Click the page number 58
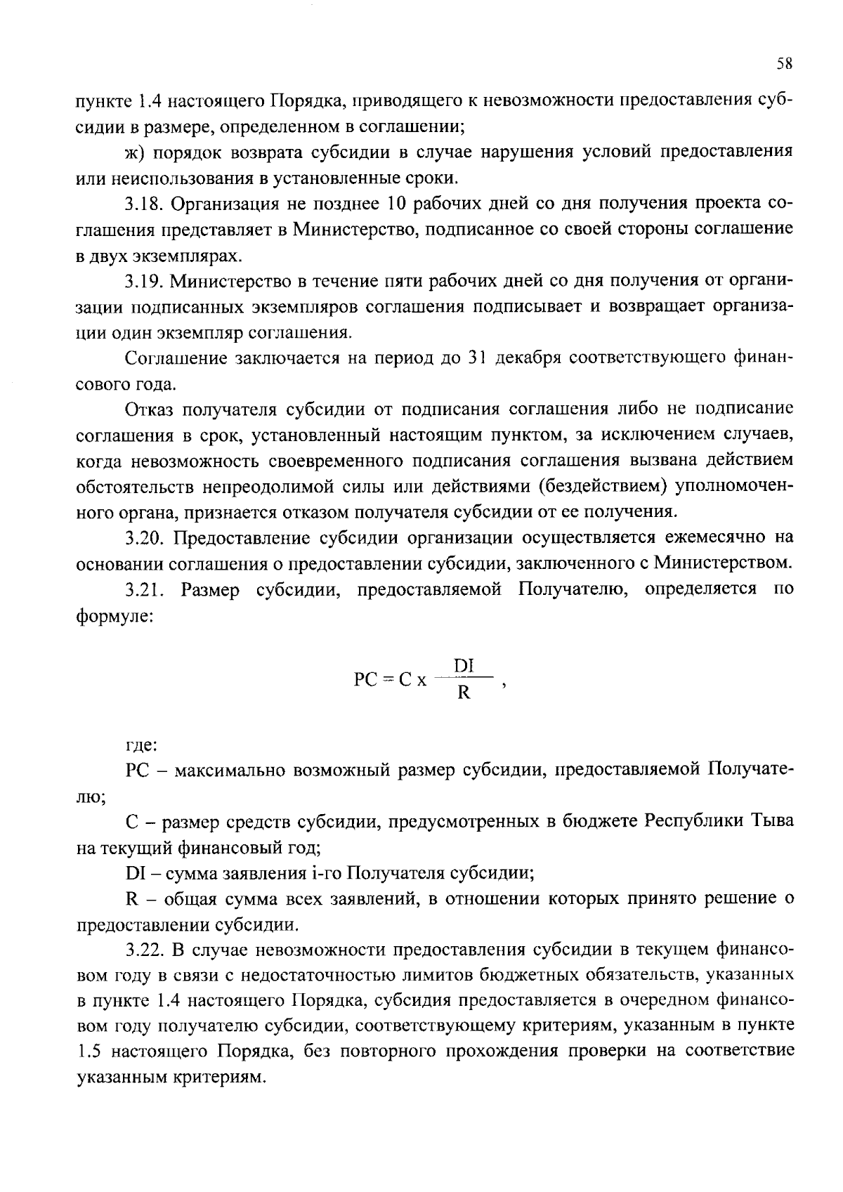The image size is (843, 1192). (x=785, y=64)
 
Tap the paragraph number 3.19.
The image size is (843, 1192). (x=144, y=282)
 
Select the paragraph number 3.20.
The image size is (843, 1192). (x=144, y=537)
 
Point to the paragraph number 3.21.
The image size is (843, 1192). (x=144, y=589)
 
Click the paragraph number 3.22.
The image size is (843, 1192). (x=144, y=950)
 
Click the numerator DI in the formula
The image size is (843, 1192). (x=464, y=664)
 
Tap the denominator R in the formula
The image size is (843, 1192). (x=464, y=693)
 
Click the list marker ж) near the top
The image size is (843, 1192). (x=134, y=152)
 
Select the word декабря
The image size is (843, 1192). (x=527, y=359)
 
